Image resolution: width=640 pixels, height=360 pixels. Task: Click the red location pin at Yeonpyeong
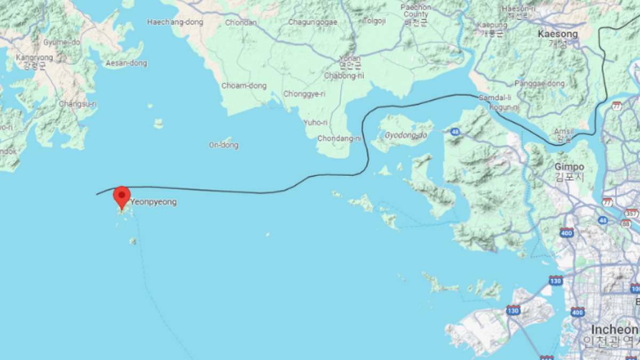point(122,196)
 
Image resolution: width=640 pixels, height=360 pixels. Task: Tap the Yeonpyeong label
point(154,202)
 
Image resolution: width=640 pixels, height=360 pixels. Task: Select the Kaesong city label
point(557,34)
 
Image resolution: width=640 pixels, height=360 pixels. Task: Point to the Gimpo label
point(569,167)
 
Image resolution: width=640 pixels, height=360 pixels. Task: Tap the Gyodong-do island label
point(406,135)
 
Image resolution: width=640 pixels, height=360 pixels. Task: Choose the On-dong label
point(223,145)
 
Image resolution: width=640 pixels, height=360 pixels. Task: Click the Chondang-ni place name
point(339,139)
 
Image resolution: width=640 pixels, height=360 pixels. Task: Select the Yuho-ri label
point(315,123)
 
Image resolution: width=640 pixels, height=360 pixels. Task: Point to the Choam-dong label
point(244,86)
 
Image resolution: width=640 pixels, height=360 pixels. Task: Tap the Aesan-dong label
point(126,63)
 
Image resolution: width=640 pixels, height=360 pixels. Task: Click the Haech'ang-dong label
point(167,22)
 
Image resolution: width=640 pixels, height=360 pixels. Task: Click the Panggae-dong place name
point(539,84)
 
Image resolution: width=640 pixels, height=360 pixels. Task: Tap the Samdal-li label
point(495,98)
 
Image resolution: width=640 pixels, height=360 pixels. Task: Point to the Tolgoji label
point(374,21)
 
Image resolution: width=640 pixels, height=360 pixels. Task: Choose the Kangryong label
point(35,58)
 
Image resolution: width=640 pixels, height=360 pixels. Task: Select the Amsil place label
point(563,131)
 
